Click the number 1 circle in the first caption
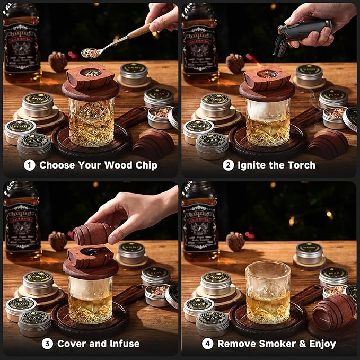point(30,165)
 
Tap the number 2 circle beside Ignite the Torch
point(228,165)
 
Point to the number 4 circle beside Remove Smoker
point(208,344)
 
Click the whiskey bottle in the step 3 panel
point(21,220)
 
